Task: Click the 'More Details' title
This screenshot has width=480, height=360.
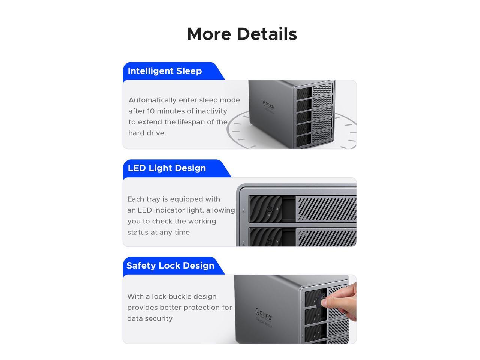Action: pyautogui.click(x=242, y=34)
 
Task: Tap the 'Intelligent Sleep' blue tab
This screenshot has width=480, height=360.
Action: pyautogui.click(x=165, y=71)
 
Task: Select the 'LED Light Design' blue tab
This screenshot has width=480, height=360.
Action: pyautogui.click(x=167, y=168)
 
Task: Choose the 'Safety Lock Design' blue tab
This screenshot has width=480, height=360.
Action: pyautogui.click(x=170, y=265)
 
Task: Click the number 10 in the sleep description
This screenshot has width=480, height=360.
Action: pyautogui.click(x=150, y=111)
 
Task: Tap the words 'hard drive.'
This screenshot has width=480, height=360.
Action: pyautogui.click(x=147, y=133)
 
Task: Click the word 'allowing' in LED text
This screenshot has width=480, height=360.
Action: pyautogui.click(x=220, y=210)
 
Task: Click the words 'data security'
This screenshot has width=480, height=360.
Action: pyautogui.click(x=150, y=318)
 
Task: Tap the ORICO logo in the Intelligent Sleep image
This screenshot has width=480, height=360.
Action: pyautogui.click(x=268, y=104)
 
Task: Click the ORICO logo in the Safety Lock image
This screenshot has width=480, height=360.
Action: pyautogui.click(x=264, y=313)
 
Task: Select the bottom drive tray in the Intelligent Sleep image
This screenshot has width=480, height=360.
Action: pyautogui.click(x=314, y=139)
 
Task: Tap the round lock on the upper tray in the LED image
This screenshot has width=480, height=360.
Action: pyautogui.click(x=269, y=209)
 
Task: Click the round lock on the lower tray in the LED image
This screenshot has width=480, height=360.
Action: pyautogui.click(x=269, y=241)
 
